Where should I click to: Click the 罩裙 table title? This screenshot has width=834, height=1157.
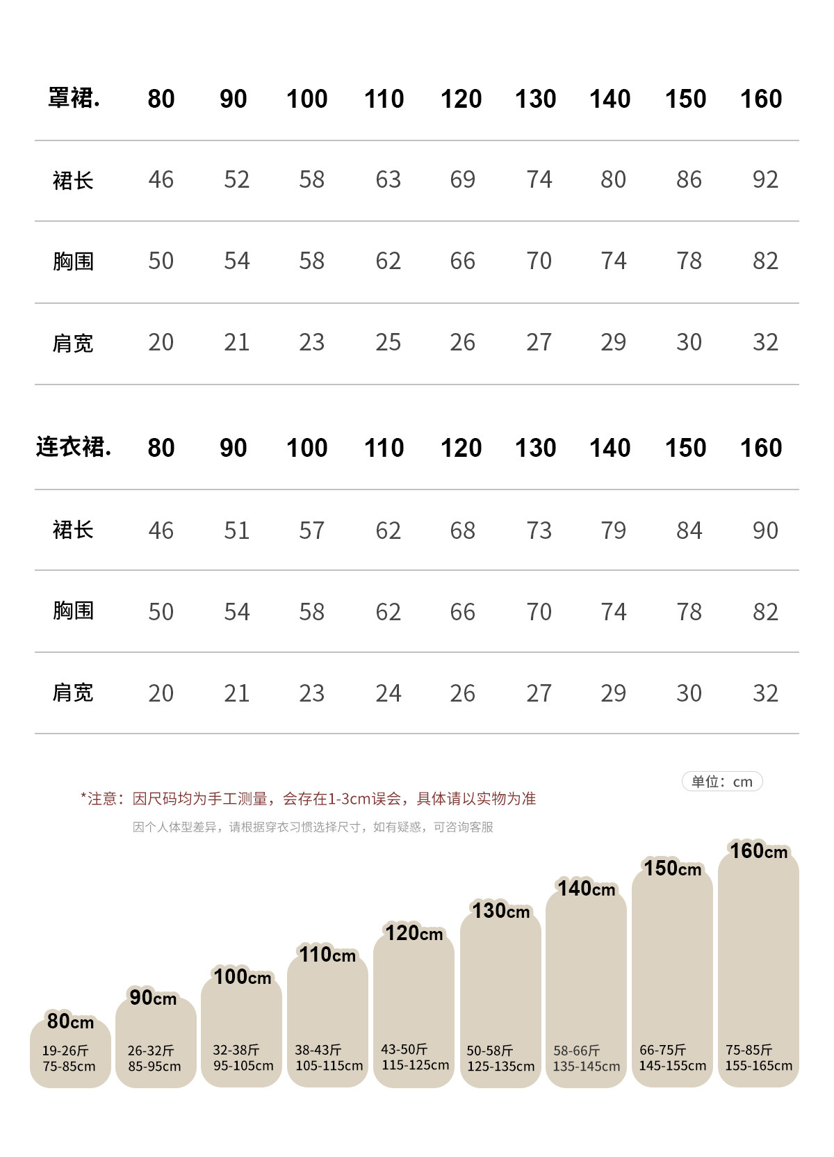74,98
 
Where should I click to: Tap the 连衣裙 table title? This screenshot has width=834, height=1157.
74,447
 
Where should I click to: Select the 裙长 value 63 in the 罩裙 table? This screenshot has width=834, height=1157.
388,179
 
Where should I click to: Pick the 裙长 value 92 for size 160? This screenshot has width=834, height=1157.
765,179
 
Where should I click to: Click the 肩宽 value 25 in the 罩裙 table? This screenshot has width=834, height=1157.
388,342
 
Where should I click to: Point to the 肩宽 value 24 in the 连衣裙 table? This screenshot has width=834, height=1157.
388,693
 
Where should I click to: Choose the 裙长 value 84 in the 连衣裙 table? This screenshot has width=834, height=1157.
689,531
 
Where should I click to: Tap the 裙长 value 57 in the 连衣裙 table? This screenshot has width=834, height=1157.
311,531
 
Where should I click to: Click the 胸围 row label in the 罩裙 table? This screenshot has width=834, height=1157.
73,261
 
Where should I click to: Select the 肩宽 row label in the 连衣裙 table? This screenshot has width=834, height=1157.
73,693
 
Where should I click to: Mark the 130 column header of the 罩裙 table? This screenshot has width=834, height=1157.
535,99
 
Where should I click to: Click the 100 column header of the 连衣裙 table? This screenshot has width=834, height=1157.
306,448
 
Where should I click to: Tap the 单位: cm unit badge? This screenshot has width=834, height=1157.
722,782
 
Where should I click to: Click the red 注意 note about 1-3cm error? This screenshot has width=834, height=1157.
309,799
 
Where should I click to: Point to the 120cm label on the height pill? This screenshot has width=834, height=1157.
414,933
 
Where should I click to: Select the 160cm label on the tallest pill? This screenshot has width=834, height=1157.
758,851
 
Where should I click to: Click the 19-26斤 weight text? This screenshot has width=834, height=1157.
65,1051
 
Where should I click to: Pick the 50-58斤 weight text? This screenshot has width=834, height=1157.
490,1051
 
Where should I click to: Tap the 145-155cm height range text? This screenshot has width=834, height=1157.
673,1066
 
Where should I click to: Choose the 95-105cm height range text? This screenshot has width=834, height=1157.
243,1066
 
